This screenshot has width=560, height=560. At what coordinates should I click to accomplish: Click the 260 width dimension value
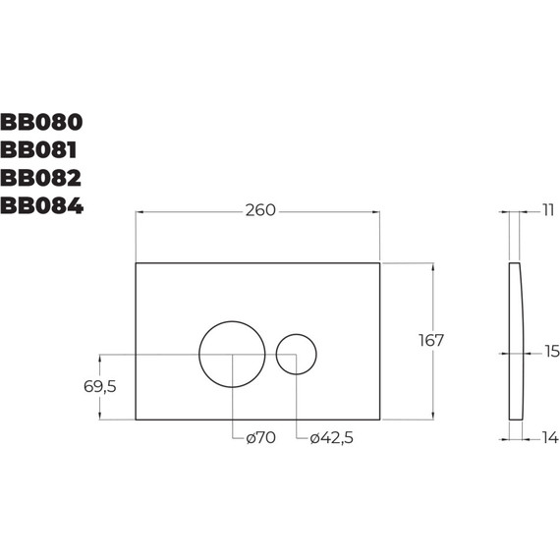click(x=258, y=210)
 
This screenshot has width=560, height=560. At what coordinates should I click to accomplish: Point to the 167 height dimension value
click(x=430, y=340)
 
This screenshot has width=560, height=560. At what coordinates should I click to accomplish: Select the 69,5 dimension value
click(x=100, y=386)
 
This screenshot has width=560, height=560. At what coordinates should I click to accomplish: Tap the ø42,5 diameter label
click(x=330, y=438)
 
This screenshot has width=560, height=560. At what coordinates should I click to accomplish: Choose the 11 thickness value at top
click(x=547, y=210)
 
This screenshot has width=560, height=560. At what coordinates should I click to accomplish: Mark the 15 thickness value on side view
click(x=550, y=351)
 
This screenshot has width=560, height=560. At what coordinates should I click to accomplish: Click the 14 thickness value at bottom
click(x=548, y=438)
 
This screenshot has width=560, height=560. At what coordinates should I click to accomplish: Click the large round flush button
click(x=232, y=354)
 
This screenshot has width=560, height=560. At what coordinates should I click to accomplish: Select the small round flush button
click(x=296, y=355)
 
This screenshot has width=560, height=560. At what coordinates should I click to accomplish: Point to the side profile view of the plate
click(x=516, y=340)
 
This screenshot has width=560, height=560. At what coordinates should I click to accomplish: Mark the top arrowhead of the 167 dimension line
click(x=430, y=265)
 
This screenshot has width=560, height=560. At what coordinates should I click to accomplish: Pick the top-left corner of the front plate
click(x=135, y=262)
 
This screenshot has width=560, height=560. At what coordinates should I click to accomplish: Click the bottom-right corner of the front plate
click(x=379, y=420)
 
